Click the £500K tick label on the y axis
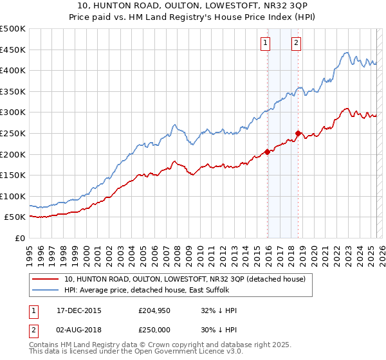point(13,29)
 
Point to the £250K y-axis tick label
point(13,133)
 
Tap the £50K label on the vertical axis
point(15,217)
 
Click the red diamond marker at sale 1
point(267,152)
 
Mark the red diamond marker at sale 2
point(298,134)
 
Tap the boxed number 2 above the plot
point(296,43)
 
